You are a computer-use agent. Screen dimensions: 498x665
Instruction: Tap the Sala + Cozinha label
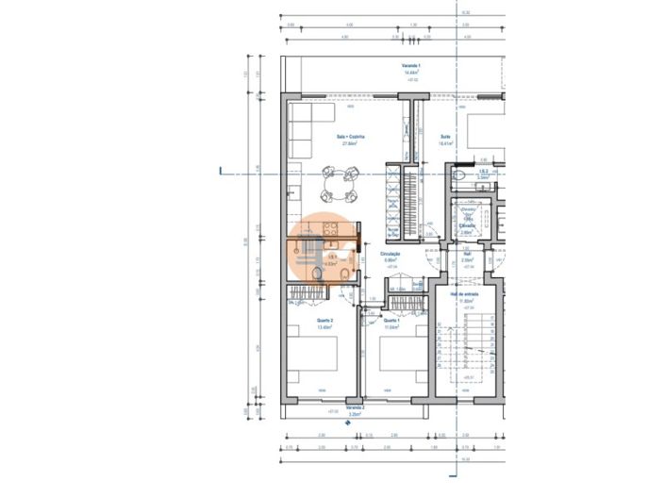coord(351,138)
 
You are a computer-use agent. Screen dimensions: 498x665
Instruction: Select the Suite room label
coord(445,138)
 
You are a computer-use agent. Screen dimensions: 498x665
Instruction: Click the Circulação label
coord(391,254)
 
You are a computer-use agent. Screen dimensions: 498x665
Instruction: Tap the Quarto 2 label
coord(325,322)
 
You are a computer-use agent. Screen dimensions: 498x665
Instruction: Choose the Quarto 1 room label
coord(391,322)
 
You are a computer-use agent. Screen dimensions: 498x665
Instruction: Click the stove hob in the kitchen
coord(331,228)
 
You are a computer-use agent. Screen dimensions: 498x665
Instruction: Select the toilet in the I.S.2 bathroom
coord(459,176)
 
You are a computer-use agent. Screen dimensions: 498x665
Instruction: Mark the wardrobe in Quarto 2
coord(308,292)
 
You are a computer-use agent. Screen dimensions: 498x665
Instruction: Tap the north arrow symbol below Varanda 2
coord(347,423)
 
